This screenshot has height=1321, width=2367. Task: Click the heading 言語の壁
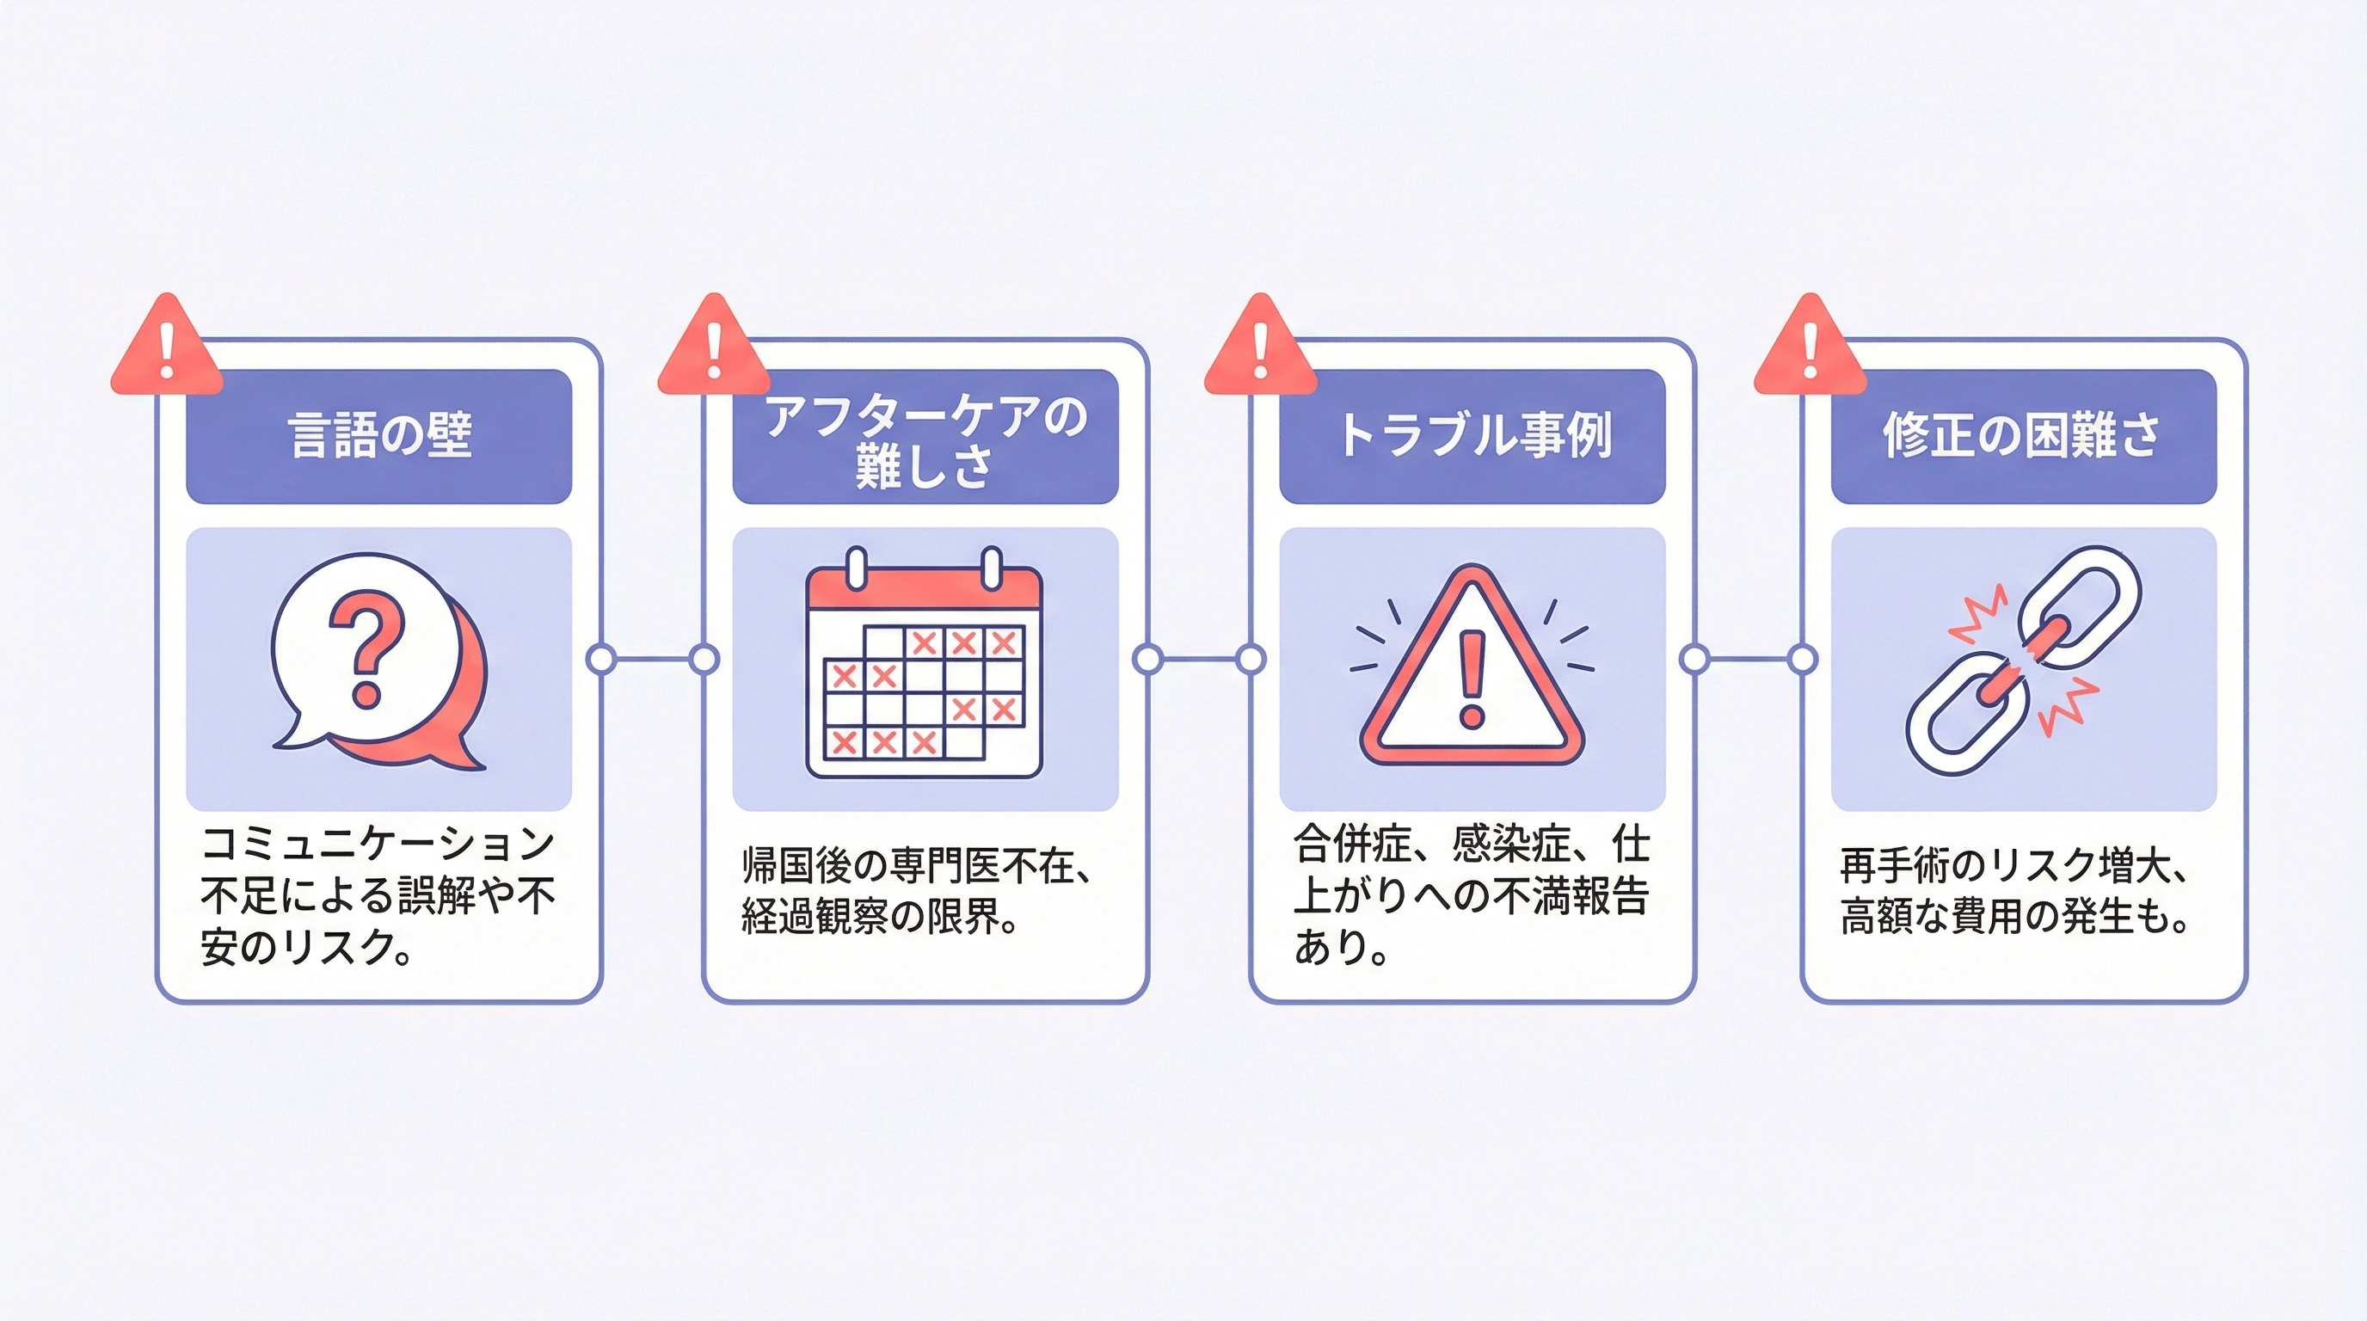(379, 435)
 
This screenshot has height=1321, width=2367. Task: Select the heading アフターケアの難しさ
(925, 440)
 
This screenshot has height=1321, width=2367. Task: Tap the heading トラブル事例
(1473, 435)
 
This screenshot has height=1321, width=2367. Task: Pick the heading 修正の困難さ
(2022, 435)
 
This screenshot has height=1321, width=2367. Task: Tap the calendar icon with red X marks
(925, 661)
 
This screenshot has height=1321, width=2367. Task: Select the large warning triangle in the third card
(1472, 665)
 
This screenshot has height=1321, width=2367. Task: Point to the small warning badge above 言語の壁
(166, 347)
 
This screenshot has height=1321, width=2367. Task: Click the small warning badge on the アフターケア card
(714, 347)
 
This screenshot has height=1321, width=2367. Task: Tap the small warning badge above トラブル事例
(1261, 347)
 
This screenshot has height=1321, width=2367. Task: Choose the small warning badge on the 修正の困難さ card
(1811, 347)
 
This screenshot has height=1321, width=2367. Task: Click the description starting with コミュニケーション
(378, 895)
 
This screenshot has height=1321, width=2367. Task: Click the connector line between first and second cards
(653, 659)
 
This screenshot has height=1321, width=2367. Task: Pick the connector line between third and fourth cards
(1749, 659)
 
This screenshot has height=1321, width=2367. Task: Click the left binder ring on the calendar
(857, 568)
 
